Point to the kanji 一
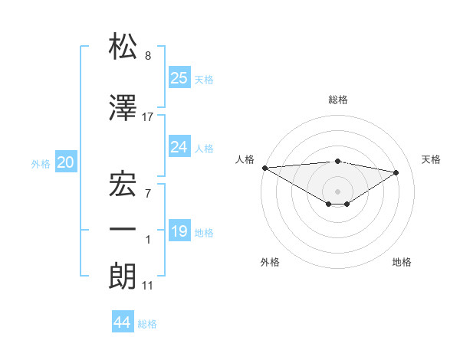pyautogui.click(x=123, y=229)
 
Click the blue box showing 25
pyautogui.click(x=179, y=78)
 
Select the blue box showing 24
pyautogui.click(x=179, y=147)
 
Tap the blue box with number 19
pyautogui.click(x=179, y=231)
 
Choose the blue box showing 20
pyautogui.click(x=66, y=162)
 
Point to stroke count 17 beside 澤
pyautogui.click(x=148, y=116)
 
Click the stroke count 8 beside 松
pyautogui.click(x=148, y=56)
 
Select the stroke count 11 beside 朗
pyautogui.click(x=148, y=286)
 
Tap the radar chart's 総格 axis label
pyautogui.click(x=337, y=100)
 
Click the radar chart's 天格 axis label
pyautogui.click(x=431, y=159)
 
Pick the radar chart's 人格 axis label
pyautogui.click(x=245, y=159)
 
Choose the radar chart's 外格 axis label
pyautogui.click(x=270, y=262)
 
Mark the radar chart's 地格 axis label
pyautogui.click(x=402, y=262)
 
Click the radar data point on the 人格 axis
pyautogui.click(x=264, y=167)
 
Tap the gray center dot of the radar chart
pyautogui.click(x=337, y=190)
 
